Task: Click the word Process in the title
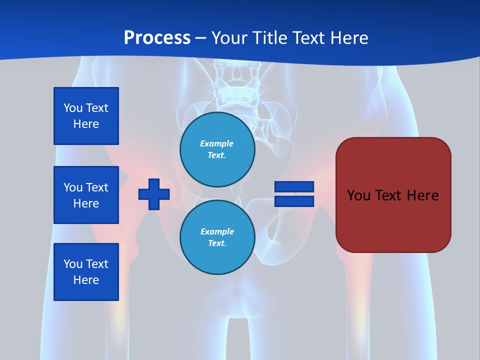coord(157,38)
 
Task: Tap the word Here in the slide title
coord(348,38)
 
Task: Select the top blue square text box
coord(86,116)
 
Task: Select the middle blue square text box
coord(86,195)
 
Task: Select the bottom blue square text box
coord(86,272)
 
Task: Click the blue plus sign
coord(154,194)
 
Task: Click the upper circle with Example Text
coord(217,149)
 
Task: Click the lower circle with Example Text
coord(217,237)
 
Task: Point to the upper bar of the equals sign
coord(294,187)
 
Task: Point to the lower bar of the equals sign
coord(294,201)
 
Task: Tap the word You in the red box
coord(358,195)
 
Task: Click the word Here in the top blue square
coord(86,124)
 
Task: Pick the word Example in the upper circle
coord(217,143)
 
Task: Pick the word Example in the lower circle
coord(217,231)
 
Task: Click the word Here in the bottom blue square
coord(86,280)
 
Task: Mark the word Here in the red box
coord(422,195)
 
